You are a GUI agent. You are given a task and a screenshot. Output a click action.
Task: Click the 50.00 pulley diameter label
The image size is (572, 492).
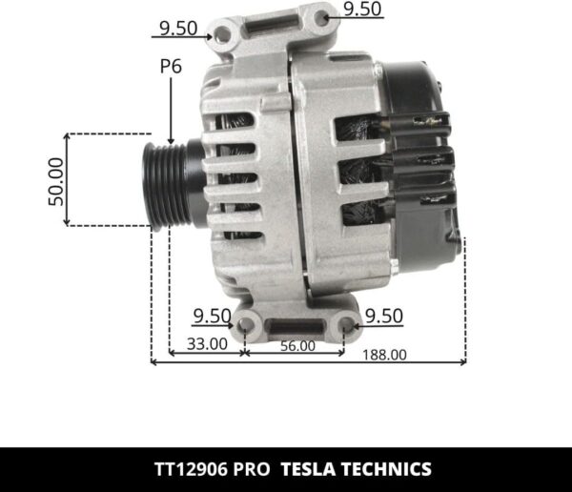tap(56, 181)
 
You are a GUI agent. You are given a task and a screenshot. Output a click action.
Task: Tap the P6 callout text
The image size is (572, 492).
tap(171, 68)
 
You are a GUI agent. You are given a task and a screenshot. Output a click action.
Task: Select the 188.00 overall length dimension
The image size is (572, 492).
tap(384, 354)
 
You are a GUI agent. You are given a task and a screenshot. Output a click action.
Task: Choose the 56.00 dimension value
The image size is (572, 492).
tap(296, 345)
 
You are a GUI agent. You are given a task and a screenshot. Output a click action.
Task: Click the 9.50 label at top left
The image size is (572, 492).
tap(178, 28)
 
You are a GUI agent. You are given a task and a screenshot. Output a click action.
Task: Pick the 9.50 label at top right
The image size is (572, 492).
tap(362, 10)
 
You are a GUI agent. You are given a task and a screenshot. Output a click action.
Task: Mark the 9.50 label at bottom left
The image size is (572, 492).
tap(212, 316)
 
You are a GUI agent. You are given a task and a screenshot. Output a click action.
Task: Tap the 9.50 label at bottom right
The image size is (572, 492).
tap(384, 316)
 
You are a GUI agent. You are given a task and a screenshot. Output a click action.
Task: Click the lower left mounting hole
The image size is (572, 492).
tap(247, 327)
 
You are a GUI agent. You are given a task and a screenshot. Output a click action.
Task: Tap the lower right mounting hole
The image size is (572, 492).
tap(345, 327)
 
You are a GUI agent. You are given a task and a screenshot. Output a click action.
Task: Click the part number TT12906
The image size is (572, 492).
tap(193, 469)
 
